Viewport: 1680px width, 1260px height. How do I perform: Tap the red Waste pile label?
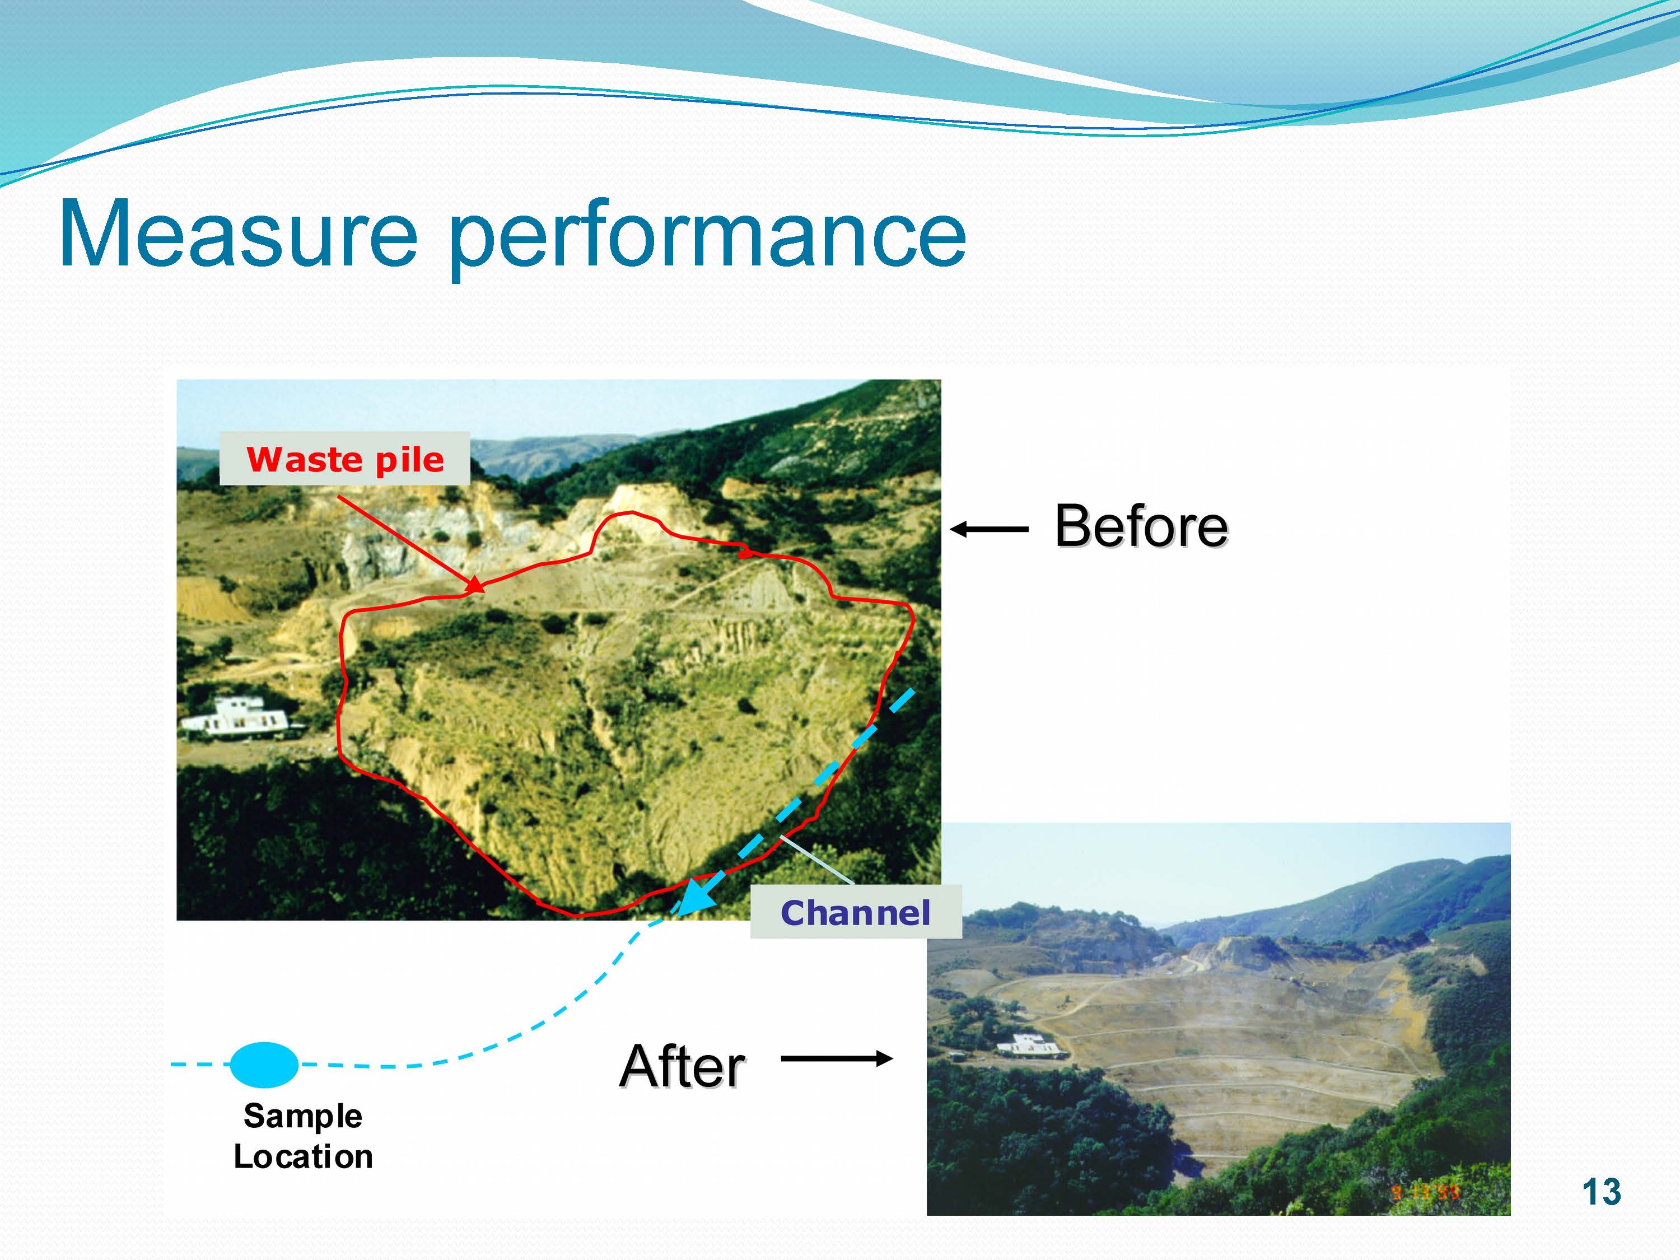[x=345, y=460]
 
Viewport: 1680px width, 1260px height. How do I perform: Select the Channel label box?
[x=855, y=912]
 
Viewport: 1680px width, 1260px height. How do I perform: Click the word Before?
[x=1141, y=526]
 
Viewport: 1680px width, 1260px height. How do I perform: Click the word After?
[x=682, y=1066]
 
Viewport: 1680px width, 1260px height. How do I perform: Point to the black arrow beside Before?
[x=989, y=529]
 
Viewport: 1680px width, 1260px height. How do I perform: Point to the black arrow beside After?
[x=836, y=1058]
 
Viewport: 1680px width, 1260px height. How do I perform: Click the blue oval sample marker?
[x=264, y=1064]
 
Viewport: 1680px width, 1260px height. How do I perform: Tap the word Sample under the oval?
[x=302, y=1116]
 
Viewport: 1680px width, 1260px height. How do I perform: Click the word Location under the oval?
[x=302, y=1157]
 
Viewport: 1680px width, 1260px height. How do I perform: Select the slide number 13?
[x=1601, y=1192]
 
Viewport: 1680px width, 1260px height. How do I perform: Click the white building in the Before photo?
[x=239, y=718]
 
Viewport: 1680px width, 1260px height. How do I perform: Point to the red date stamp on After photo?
[x=1425, y=1192]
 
